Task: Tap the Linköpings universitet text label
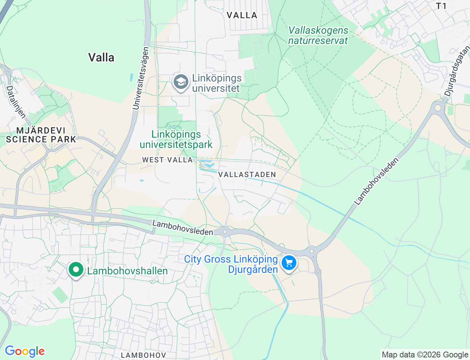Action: click(x=217, y=83)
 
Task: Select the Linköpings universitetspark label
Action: click(x=176, y=140)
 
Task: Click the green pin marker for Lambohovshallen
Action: click(x=76, y=270)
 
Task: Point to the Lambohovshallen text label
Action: click(x=127, y=271)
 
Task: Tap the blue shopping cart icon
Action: click(x=289, y=263)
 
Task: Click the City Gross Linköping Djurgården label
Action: click(x=231, y=264)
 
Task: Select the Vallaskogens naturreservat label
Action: click(x=318, y=36)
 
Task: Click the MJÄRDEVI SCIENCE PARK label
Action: click(x=41, y=135)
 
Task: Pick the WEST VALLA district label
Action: click(x=167, y=160)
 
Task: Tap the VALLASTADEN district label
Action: click(x=247, y=174)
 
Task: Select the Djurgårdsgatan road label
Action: click(x=457, y=71)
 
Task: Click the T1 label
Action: click(x=441, y=6)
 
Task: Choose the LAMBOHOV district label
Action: click(x=144, y=355)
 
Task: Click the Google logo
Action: click(x=25, y=351)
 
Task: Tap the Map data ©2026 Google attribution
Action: click(x=425, y=354)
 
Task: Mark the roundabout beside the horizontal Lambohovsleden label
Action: click(x=225, y=232)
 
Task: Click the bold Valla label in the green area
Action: click(x=101, y=58)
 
